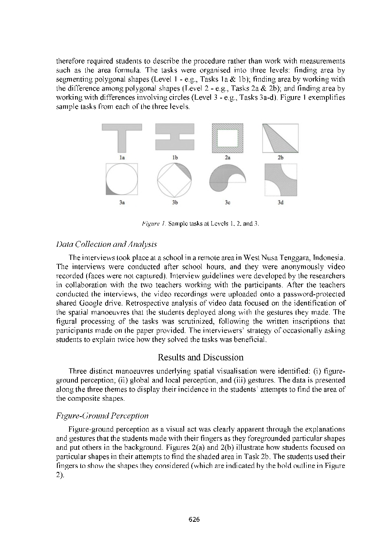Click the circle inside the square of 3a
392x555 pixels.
pyautogui.click(x=122, y=179)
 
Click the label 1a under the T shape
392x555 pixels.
pyautogui.click(x=122, y=157)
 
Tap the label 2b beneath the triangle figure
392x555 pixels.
pyautogui.click(x=281, y=157)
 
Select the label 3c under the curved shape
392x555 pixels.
pyautogui.click(x=227, y=203)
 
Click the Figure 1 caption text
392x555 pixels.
pyautogui.click(x=200, y=224)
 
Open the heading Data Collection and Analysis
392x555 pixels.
pyautogui.click(x=107, y=244)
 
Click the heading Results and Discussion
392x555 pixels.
pyautogui.click(x=200, y=357)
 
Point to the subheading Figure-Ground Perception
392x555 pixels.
pyautogui.click(x=102, y=415)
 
